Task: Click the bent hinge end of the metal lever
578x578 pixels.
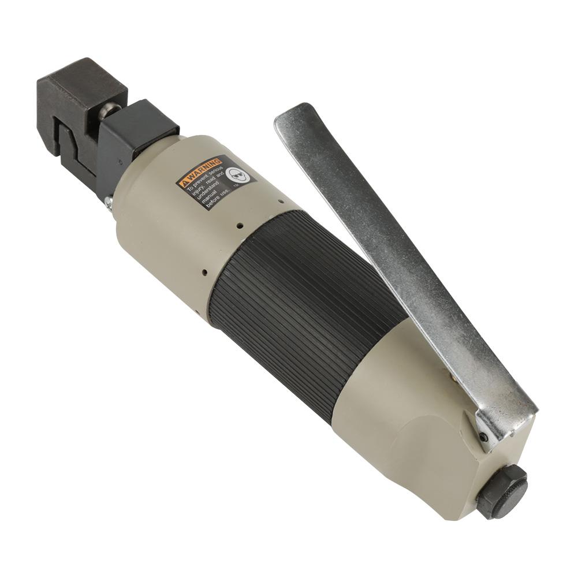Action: pyautogui.click(x=508, y=416)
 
